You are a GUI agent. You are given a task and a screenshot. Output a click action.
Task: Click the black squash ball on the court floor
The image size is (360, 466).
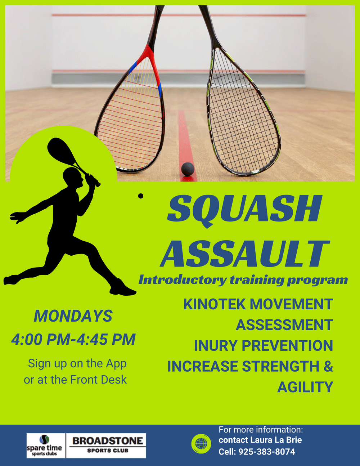pos(188,169)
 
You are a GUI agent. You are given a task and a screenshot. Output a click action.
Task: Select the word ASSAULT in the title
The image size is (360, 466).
pos(245,253)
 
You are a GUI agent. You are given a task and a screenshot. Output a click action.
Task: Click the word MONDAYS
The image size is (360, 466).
pos(73,316)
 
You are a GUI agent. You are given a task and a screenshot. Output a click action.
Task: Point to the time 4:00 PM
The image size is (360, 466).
pos(41,340)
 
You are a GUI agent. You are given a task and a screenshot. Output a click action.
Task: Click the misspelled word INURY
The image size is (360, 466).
pos(216,345)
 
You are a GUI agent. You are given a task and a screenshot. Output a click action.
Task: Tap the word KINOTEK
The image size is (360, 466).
pos(214,304)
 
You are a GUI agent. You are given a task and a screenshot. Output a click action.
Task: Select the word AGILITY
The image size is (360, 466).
pos(305,387)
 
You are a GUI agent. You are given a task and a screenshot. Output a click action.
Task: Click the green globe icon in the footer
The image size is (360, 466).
pos(201,444)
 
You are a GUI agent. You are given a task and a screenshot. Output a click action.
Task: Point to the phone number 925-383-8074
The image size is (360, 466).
pos(267,452)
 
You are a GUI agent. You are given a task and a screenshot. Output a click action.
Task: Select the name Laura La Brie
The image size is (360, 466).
pos(276,440)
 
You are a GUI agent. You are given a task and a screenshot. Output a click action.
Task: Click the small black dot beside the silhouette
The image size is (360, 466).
pos(140,196)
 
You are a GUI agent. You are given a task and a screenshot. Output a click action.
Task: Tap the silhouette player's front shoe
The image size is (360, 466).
pos(122,288)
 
